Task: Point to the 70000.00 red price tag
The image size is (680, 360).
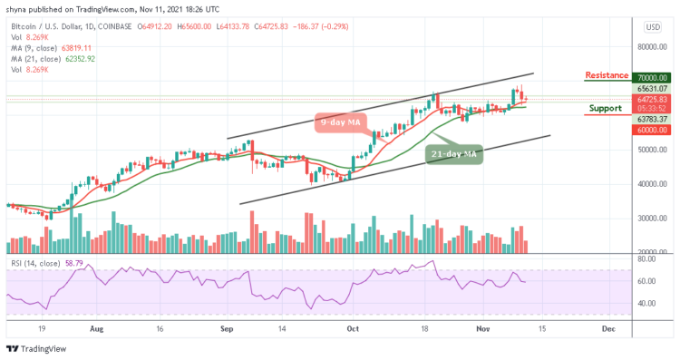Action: (650, 79)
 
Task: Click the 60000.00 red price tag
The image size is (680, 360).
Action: (650, 130)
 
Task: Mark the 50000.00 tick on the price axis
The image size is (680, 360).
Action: (650, 150)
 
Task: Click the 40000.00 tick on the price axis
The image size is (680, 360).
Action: (650, 184)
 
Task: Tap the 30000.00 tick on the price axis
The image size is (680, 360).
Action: (650, 218)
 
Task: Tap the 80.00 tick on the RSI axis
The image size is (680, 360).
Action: (646, 259)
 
